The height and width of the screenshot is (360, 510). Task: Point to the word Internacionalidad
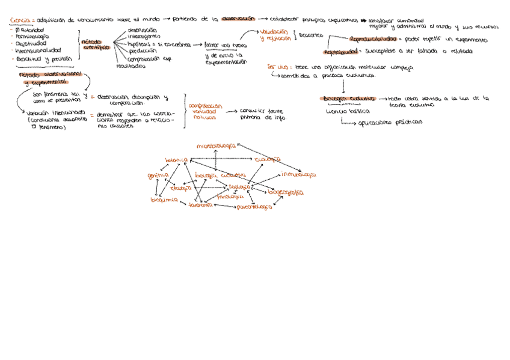tap(37, 51)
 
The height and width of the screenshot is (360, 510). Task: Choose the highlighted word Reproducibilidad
tap(373, 39)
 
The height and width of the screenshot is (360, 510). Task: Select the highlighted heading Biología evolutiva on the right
tap(348, 99)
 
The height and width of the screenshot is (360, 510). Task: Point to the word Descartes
tap(311, 35)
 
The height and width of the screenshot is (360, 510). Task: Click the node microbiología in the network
tap(217, 145)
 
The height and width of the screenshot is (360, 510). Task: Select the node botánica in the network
tap(177, 160)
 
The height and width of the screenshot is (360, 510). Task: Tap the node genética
tap(158, 175)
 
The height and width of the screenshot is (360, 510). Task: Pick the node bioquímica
tap(164, 200)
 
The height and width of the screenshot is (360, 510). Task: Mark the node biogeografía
tap(285, 192)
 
